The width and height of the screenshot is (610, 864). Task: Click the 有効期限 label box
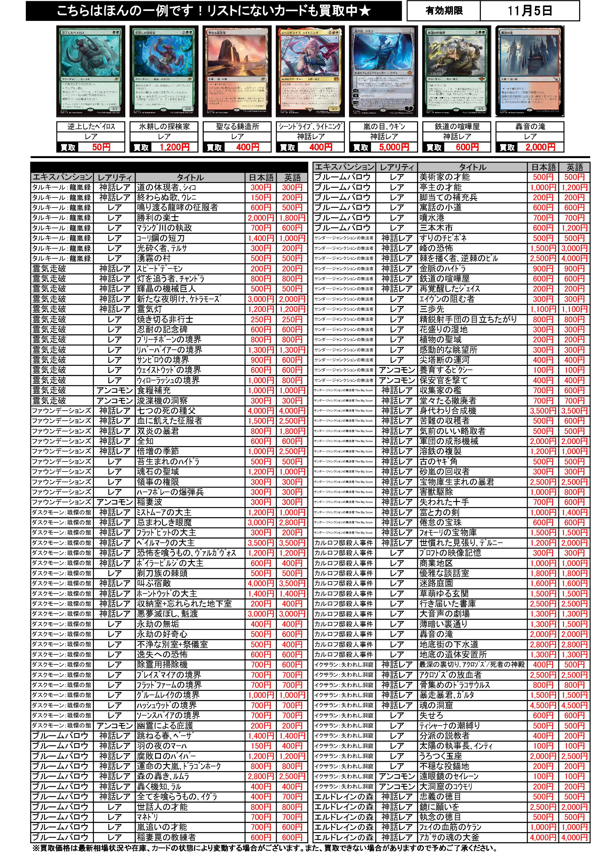(x=444, y=11)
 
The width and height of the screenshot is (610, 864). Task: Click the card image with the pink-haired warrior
(x=310, y=72)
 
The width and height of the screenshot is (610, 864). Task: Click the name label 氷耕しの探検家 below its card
(x=164, y=126)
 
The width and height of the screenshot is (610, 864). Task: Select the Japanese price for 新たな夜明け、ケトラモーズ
(x=261, y=299)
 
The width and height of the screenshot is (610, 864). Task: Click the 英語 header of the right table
(x=574, y=167)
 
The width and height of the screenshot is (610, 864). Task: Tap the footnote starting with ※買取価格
(x=263, y=848)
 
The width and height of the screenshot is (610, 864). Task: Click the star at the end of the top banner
(x=364, y=11)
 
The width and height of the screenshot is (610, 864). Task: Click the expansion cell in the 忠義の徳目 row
(x=344, y=797)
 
